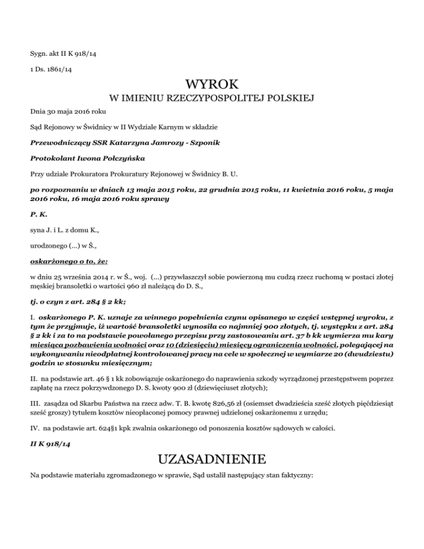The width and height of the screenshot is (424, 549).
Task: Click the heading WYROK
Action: pyautogui.click(x=212, y=85)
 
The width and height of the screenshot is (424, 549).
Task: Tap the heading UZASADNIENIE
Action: pyautogui.click(x=212, y=458)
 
